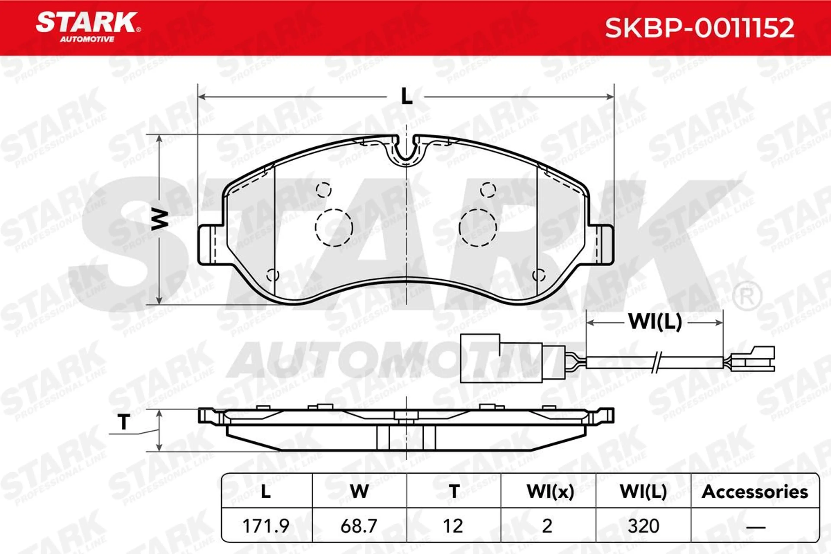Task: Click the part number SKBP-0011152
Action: coord(700,28)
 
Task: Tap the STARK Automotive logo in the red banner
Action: coord(88,27)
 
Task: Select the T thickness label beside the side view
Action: coord(124,422)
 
